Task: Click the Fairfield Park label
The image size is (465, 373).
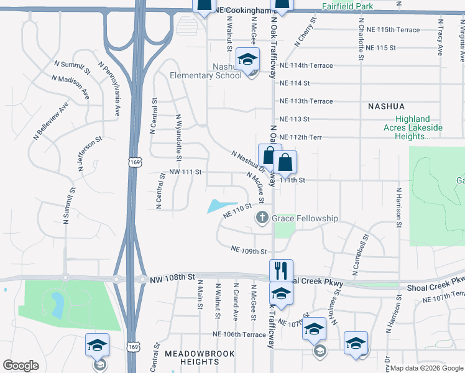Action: tap(348, 6)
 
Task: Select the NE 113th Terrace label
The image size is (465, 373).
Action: tap(306, 101)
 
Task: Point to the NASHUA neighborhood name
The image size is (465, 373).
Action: tap(386, 106)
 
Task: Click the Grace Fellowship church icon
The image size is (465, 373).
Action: tap(262, 218)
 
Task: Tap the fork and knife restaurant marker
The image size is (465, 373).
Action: tap(281, 270)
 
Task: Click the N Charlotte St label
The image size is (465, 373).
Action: tap(361, 39)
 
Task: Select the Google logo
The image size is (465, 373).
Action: tap(21, 366)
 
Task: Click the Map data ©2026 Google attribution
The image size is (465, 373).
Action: tap(426, 368)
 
